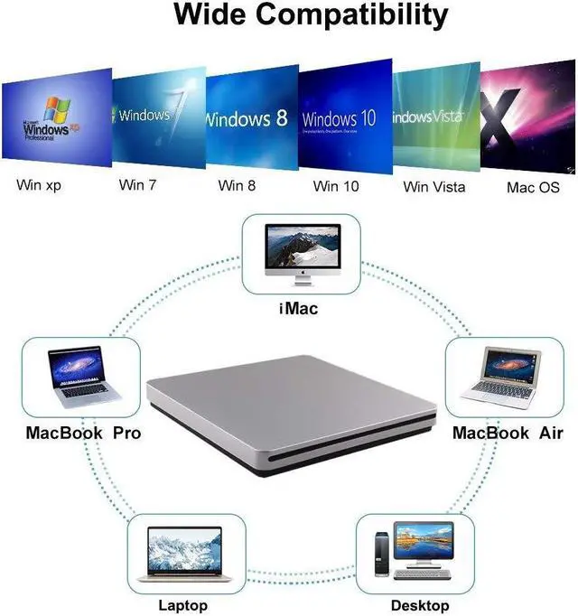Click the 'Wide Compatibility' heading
(x=310, y=15)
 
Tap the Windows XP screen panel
(x=56, y=118)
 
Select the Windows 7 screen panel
(x=157, y=115)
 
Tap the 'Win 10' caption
(x=336, y=186)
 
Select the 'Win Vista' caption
(x=434, y=187)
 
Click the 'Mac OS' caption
(x=533, y=187)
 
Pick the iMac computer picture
(x=302, y=254)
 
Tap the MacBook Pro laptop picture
(x=80, y=378)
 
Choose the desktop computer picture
(x=415, y=553)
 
